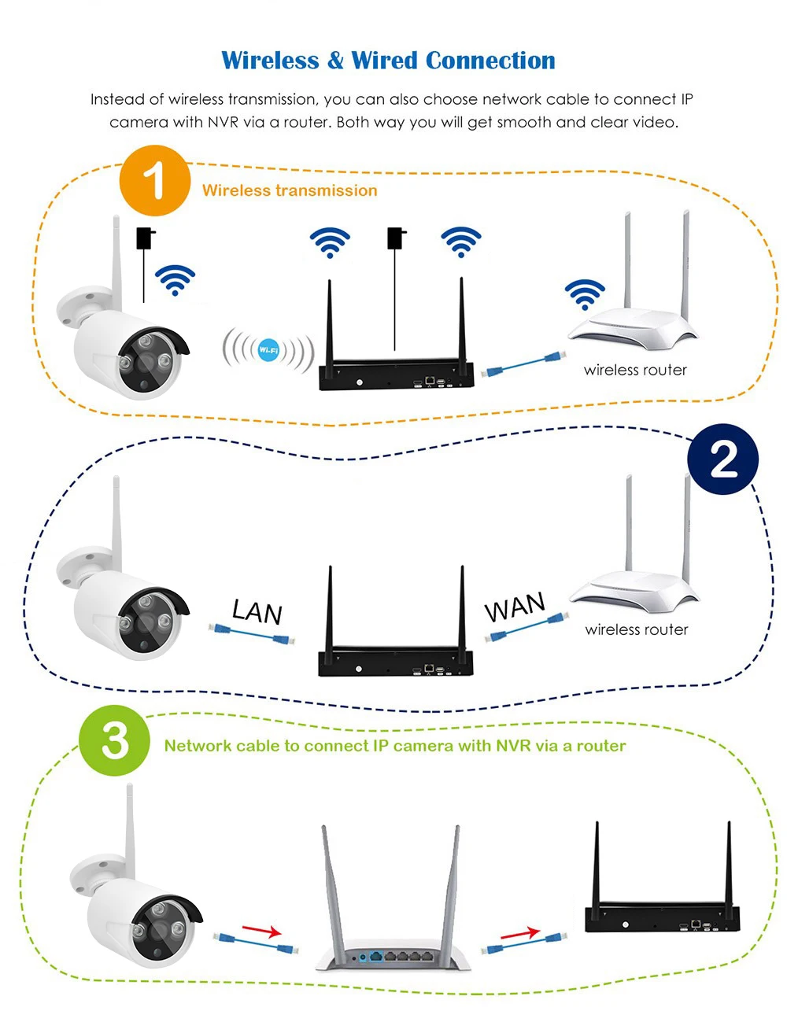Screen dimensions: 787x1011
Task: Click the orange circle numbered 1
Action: [155, 180]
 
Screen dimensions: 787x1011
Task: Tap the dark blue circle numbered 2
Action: [722, 459]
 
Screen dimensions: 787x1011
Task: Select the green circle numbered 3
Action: [114, 740]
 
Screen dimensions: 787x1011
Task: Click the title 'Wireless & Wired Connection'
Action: [388, 61]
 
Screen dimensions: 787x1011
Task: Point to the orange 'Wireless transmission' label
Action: [290, 190]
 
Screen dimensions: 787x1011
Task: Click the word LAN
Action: [257, 611]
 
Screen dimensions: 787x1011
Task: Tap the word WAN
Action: [514, 607]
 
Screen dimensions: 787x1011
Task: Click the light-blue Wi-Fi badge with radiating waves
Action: [268, 349]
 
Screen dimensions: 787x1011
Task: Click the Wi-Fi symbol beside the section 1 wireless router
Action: [585, 294]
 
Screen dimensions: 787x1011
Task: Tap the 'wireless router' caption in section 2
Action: [636, 629]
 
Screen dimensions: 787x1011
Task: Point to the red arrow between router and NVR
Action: [520, 933]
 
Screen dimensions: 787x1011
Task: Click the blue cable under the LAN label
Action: [251, 633]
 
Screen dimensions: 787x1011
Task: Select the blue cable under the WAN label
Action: [526, 628]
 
